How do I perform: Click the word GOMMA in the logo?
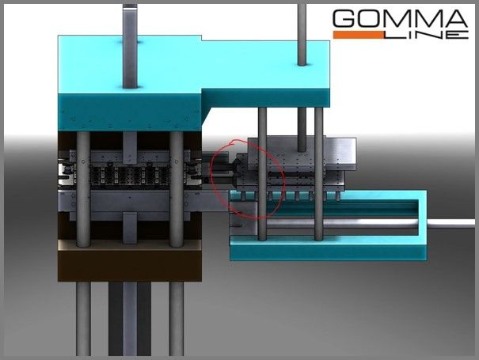click(400, 18)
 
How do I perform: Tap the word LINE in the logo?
click(426, 35)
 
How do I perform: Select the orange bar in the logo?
click(358, 35)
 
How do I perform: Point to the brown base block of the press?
click(130, 265)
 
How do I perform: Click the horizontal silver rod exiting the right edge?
click(451, 223)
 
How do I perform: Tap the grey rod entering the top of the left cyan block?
click(130, 46)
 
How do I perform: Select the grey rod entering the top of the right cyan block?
click(302, 34)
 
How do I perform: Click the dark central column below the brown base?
click(130, 319)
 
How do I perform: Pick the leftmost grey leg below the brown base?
click(83, 319)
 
